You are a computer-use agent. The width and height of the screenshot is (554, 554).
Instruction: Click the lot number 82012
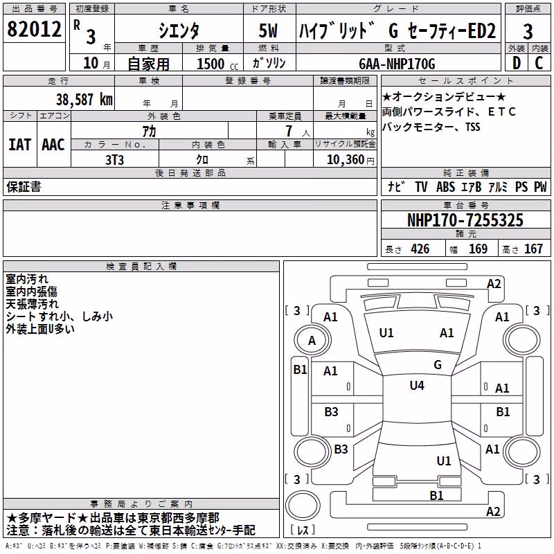34,28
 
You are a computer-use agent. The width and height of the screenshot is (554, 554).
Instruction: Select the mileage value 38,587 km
84,99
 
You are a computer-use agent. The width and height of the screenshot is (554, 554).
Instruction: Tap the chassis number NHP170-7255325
465,220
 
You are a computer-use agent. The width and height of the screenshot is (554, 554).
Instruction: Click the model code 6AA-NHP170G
397,64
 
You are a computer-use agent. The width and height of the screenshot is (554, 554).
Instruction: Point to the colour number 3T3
114,160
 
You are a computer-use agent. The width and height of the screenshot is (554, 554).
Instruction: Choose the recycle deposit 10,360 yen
350,160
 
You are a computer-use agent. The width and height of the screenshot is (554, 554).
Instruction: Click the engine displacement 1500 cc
217,64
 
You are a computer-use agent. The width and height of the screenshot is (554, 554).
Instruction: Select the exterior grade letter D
517,63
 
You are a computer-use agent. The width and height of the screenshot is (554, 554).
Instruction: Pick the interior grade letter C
539,63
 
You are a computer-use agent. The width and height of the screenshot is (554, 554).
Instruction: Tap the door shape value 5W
268,30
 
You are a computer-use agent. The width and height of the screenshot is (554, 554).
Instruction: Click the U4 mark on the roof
417,385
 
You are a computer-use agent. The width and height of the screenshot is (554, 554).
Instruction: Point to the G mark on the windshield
438,364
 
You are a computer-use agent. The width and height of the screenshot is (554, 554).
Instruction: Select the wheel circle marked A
312,340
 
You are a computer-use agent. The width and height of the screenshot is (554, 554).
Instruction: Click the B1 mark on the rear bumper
436,495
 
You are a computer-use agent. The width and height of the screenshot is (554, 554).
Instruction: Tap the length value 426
420,249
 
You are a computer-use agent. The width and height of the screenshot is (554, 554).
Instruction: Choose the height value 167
533,249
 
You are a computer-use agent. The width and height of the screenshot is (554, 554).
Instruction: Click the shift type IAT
19,145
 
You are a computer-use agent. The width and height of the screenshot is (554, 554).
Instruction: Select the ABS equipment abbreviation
445,187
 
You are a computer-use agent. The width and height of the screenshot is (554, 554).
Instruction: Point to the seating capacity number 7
289,131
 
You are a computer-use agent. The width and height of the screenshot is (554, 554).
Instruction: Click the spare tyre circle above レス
303,506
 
